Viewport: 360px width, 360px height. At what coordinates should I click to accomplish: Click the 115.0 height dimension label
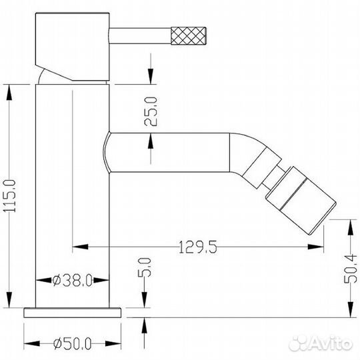click(10, 196)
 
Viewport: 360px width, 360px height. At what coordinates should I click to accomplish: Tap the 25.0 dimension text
click(151, 111)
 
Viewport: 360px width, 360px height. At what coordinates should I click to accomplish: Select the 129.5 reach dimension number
click(198, 247)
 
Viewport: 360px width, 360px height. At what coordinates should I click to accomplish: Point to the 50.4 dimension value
click(351, 269)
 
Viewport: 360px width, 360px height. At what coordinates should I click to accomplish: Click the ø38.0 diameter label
click(73, 280)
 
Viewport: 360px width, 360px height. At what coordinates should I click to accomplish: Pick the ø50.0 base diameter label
click(73, 344)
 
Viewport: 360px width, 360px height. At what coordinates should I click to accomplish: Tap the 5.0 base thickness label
click(145, 267)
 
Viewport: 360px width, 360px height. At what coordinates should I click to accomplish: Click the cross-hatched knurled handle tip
click(188, 35)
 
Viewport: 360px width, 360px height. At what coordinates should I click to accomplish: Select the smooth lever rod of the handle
click(140, 35)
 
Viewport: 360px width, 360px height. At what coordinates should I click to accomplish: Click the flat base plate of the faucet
click(72, 313)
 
